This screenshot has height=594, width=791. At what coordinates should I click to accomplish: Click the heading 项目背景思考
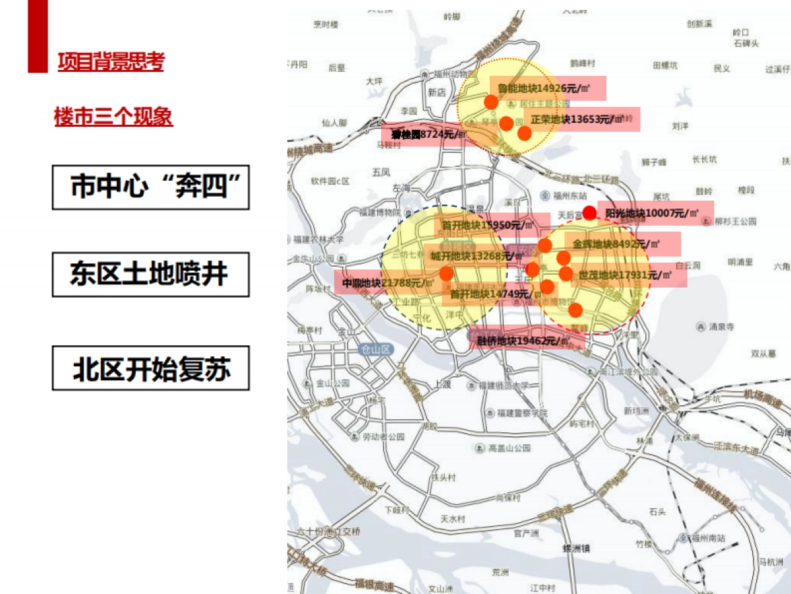pos(111,62)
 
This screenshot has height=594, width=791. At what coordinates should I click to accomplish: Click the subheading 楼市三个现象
pos(113,117)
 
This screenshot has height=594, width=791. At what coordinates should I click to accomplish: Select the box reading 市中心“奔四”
pos(151,187)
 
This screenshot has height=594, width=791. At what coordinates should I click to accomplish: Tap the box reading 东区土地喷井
pos(151,274)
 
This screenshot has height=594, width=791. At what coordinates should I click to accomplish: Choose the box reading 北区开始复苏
pos(151,368)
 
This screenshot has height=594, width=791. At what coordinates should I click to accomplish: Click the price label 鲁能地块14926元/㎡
pos(543,88)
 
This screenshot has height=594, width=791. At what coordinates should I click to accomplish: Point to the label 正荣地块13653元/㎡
pos(577,119)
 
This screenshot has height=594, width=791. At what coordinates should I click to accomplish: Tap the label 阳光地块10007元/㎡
pos(652,213)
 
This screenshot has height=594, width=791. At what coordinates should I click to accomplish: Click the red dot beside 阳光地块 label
pos(590,213)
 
